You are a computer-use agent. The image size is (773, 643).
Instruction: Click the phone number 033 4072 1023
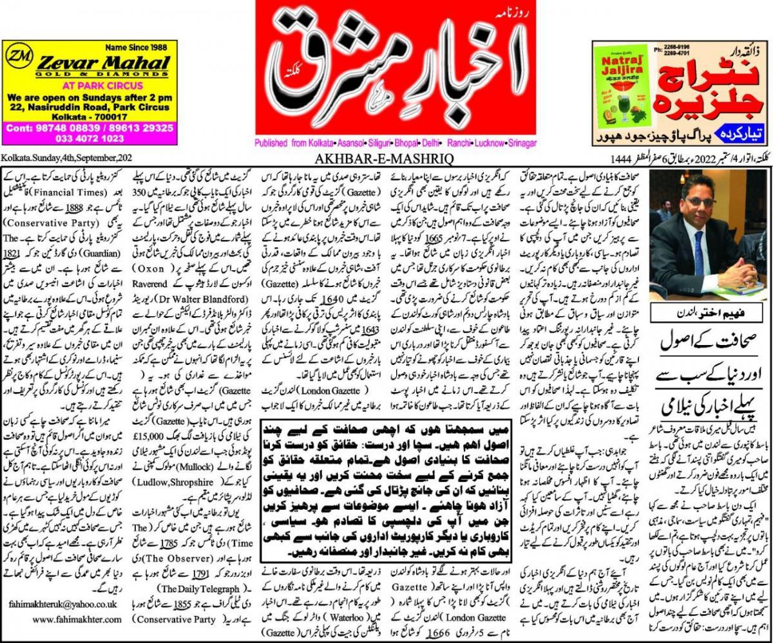(x=90, y=138)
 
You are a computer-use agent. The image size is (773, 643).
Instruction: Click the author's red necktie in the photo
(x=699, y=245)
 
